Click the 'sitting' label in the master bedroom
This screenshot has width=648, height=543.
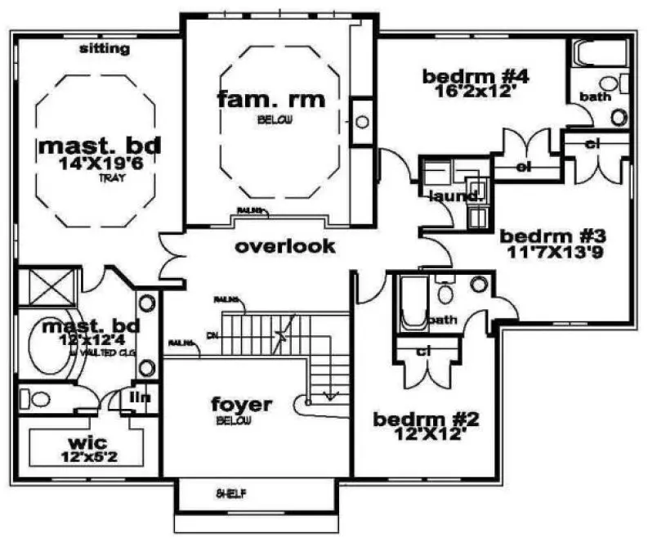(105, 49)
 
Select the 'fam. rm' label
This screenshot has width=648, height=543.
(270, 100)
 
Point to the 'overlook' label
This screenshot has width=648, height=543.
(286, 245)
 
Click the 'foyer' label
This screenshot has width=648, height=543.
(241, 405)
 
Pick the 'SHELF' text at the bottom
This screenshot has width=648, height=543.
(231, 494)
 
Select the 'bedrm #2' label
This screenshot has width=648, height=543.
(425, 420)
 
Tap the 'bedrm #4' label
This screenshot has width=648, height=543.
(476, 77)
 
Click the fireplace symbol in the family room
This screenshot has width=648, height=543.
(361, 122)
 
